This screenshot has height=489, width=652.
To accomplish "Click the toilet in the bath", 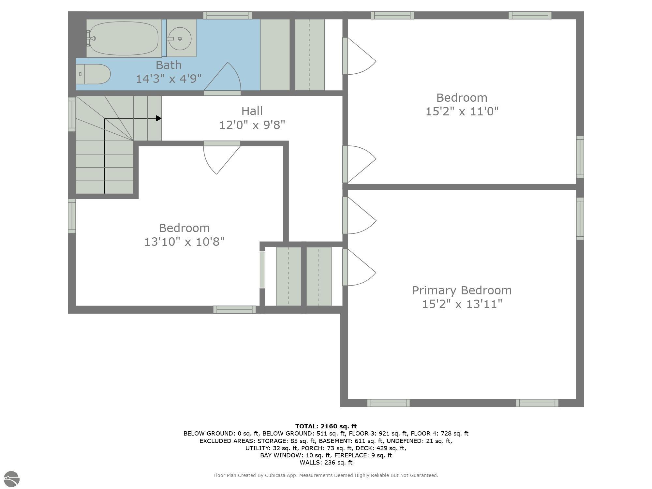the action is pyautogui.click(x=94, y=74).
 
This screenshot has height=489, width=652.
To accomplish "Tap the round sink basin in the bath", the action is pyautogui.click(x=180, y=39).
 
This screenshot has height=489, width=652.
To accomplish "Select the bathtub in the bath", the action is pyautogui.click(x=124, y=38).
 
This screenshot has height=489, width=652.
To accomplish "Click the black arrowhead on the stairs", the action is pyautogui.click(x=159, y=118).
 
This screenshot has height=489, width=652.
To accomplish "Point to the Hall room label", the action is pyautogui.click(x=252, y=111).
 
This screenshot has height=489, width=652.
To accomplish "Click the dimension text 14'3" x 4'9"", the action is pyautogui.click(x=169, y=79).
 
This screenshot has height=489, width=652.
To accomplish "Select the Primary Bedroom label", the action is pyautogui.click(x=462, y=290).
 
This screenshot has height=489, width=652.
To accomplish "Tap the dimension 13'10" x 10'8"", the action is pyautogui.click(x=184, y=242).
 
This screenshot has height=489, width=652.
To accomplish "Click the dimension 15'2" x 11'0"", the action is pyautogui.click(x=462, y=111).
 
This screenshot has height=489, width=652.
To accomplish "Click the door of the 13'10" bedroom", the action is pyautogui.click(x=222, y=158).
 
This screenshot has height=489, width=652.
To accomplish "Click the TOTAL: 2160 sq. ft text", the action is pyautogui.click(x=326, y=426).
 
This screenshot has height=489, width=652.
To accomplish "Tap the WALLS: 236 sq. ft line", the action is pyautogui.click(x=326, y=462).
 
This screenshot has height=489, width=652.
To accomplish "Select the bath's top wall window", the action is pyautogui.click(x=227, y=15).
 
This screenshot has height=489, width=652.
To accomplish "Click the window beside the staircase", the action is pyautogui.click(x=72, y=114).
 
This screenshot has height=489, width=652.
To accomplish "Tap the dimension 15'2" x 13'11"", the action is pyautogui.click(x=462, y=304).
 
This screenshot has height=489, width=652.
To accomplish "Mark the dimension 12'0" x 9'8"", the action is pyautogui.click(x=252, y=125).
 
